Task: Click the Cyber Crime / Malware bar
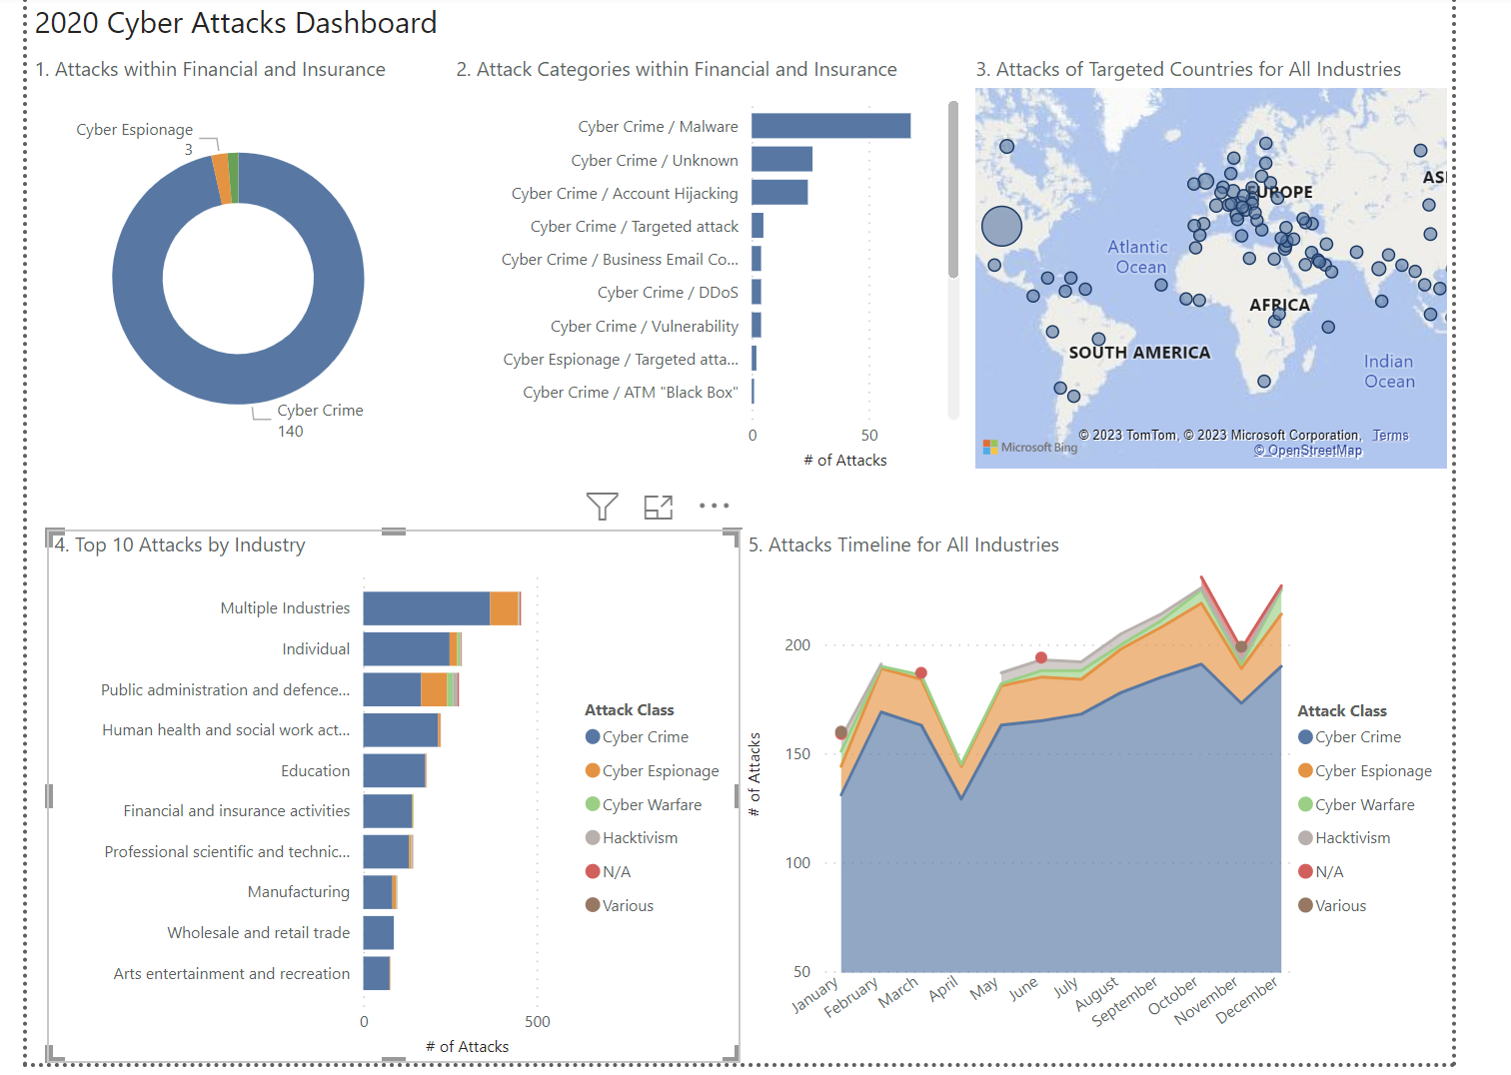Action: (830, 126)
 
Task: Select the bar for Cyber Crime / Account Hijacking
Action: (779, 193)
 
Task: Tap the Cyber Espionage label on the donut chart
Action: (134, 130)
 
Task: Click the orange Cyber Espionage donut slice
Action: (221, 179)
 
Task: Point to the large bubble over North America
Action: (1001, 227)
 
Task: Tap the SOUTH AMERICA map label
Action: (1139, 353)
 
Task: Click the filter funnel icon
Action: (602, 507)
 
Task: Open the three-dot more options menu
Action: (714, 506)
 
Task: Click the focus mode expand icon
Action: (659, 507)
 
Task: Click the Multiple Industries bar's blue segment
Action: (426, 608)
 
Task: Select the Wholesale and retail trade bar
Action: (378, 933)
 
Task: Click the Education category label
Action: (315, 771)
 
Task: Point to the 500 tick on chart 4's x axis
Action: (538, 1022)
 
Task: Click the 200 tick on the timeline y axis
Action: (797, 645)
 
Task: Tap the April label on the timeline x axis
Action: (943, 989)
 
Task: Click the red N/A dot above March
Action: (921, 673)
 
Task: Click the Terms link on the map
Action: (1390, 436)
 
